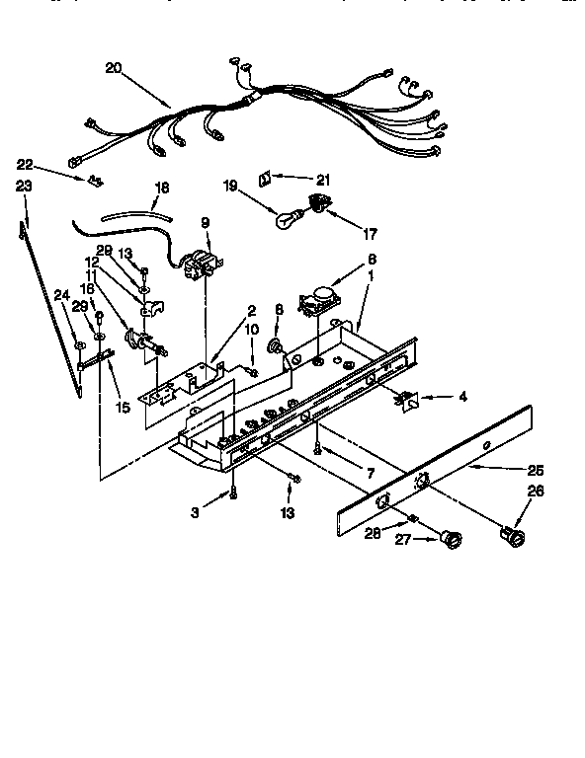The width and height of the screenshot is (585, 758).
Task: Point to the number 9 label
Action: (206, 223)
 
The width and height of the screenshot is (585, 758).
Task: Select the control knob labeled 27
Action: (453, 539)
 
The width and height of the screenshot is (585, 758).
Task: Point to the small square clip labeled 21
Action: (266, 179)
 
